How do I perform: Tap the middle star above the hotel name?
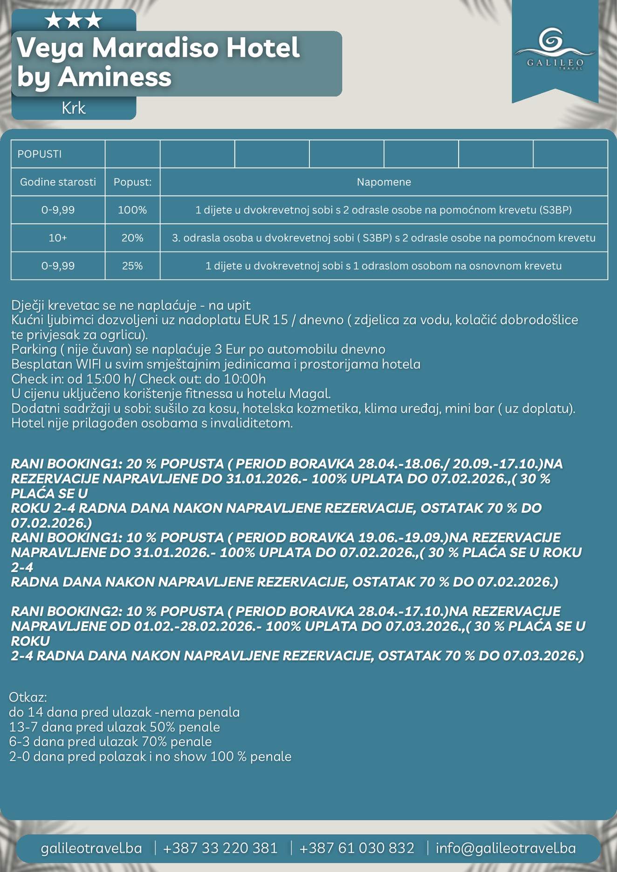coord(74,20)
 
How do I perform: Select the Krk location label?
coord(74,108)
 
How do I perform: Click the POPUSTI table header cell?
coord(40,154)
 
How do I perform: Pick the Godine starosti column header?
coord(58,182)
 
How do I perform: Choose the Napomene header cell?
coord(384,182)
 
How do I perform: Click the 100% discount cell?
coord(132,210)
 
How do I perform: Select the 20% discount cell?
coord(132,238)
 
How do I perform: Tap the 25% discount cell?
coord(132,266)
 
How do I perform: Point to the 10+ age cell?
coord(58,238)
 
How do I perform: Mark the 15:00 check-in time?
coord(108,379)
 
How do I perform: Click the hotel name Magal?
coord(309,394)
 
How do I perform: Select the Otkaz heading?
coord(28,697)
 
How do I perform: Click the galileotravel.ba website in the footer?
coord(91,848)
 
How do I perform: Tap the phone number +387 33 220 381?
coord(220,848)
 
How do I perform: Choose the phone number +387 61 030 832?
coord(356,848)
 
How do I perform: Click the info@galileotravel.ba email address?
coord(506,848)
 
